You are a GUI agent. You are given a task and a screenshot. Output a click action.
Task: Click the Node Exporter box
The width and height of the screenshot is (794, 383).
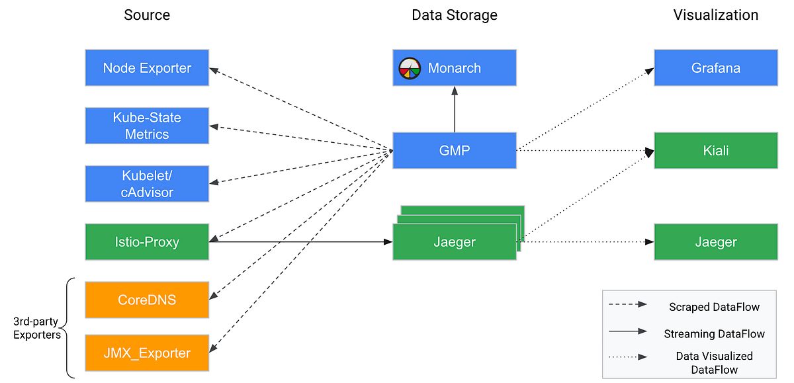click(x=147, y=67)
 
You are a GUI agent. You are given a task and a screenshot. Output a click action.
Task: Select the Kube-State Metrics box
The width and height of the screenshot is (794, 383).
click(x=147, y=126)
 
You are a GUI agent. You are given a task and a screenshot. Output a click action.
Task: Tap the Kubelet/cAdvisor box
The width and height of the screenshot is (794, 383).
click(x=147, y=184)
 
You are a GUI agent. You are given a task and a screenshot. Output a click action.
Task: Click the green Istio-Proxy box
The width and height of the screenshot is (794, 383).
click(x=147, y=242)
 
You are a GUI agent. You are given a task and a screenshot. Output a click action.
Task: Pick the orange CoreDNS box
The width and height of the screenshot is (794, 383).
click(x=147, y=299)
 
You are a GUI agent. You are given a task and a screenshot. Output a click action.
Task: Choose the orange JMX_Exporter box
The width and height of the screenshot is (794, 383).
click(x=147, y=353)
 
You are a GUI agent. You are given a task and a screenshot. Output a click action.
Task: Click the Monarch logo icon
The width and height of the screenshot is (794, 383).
click(x=410, y=67)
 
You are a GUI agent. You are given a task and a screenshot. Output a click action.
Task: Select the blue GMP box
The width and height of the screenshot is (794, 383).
click(x=454, y=151)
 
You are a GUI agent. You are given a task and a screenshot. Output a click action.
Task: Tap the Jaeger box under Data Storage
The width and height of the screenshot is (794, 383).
click(x=454, y=242)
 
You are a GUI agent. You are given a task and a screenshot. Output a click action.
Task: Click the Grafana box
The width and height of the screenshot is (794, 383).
click(x=715, y=67)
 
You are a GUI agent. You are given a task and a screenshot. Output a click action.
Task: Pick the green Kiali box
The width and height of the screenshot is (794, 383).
click(x=715, y=151)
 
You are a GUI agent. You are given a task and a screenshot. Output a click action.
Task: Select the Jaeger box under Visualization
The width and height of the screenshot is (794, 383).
click(x=715, y=242)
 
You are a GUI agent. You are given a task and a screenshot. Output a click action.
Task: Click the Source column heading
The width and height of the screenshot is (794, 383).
click(x=147, y=15)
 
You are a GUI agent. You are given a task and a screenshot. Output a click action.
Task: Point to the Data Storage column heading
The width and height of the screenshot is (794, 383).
click(x=454, y=15)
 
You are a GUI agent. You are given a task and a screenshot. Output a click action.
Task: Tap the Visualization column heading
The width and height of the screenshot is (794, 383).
click(x=715, y=15)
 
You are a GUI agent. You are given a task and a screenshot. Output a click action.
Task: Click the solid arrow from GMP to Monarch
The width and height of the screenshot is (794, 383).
click(x=455, y=109)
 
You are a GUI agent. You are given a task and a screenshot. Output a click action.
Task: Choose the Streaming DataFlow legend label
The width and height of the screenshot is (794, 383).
click(x=714, y=334)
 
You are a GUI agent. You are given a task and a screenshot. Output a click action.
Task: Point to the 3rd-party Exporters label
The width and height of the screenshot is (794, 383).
click(x=36, y=328)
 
